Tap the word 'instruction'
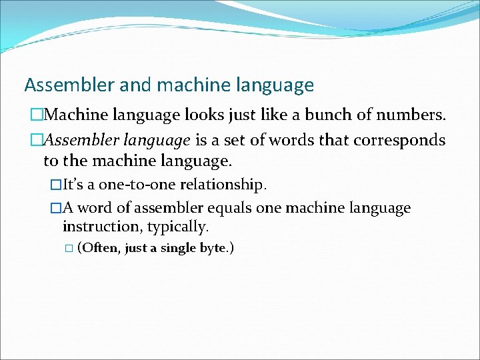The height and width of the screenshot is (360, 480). [x=100, y=227]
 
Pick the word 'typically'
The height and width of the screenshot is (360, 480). [x=177, y=227]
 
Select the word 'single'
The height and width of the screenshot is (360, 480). [x=179, y=249]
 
